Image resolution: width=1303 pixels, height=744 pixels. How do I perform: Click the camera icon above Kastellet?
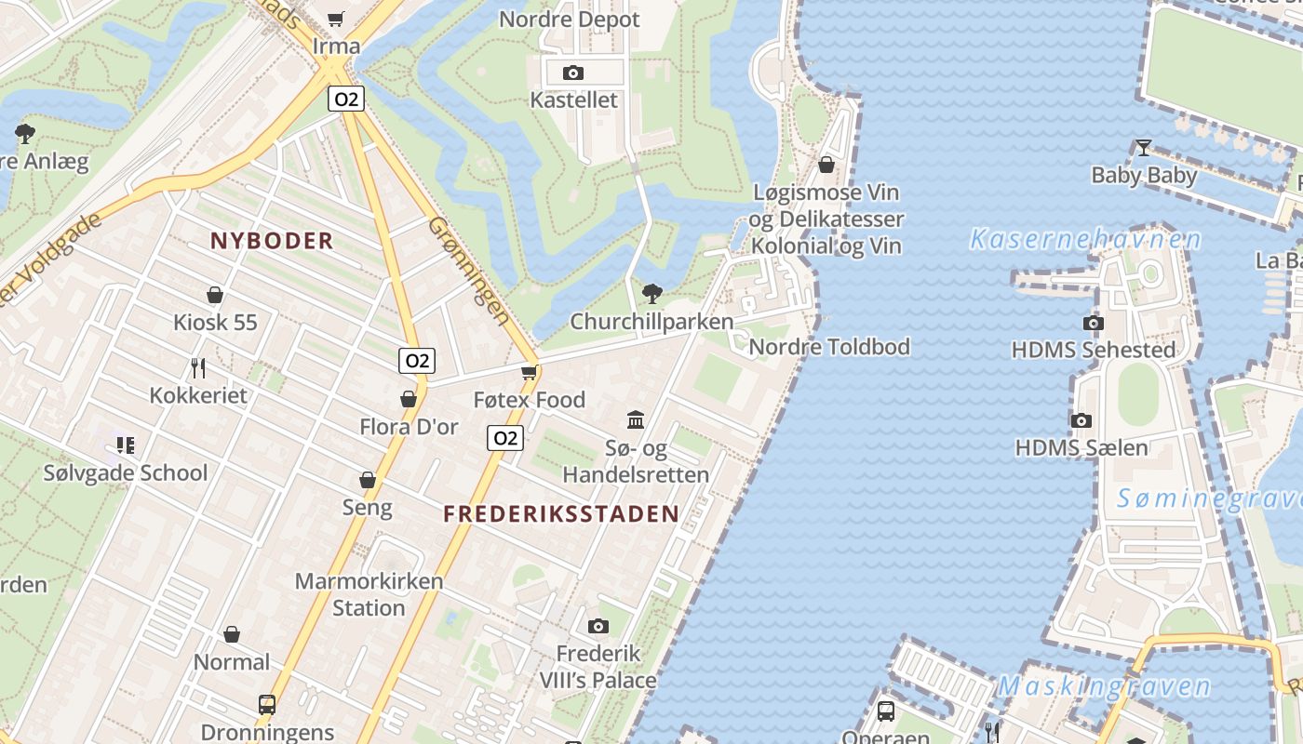pyautogui.click(x=573, y=73)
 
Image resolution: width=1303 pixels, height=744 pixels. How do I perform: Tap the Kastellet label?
pyautogui.click(x=573, y=100)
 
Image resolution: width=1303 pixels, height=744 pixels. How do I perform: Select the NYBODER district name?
pyautogui.click(x=272, y=241)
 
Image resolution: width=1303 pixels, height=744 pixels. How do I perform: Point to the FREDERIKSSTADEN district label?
pyautogui.click(x=561, y=513)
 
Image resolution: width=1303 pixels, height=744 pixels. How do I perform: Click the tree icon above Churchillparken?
pyautogui.click(x=652, y=294)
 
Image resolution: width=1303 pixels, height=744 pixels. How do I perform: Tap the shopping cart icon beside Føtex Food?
pyautogui.click(x=530, y=373)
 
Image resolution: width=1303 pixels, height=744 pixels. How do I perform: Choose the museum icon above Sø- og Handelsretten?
pyautogui.click(x=636, y=420)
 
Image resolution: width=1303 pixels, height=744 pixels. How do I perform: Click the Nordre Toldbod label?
pyautogui.click(x=829, y=347)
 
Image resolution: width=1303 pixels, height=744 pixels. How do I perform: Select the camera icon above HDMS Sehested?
pyautogui.click(x=1094, y=324)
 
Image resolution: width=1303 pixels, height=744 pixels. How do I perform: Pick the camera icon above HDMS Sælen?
pyautogui.click(x=1081, y=420)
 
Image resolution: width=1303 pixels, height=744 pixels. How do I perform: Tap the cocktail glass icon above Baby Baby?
pyautogui.click(x=1144, y=148)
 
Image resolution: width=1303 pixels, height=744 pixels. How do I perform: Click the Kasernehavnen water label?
pyautogui.click(x=1085, y=240)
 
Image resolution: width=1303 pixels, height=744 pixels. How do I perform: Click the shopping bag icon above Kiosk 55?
pyautogui.click(x=215, y=295)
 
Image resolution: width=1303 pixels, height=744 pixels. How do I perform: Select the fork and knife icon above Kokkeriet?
pyautogui.click(x=197, y=367)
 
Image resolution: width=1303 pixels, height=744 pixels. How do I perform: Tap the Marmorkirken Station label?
pyautogui.click(x=369, y=594)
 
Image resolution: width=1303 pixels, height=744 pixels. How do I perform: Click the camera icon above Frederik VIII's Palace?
pyautogui.click(x=598, y=626)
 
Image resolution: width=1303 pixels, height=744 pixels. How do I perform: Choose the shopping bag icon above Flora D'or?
pyautogui.click(x=409, y=399)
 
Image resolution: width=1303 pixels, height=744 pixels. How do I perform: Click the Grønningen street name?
pyautogui.click(x=470, y=271)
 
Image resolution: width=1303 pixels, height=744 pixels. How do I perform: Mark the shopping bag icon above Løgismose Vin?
pyautogui.click(x=826, y=165)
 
